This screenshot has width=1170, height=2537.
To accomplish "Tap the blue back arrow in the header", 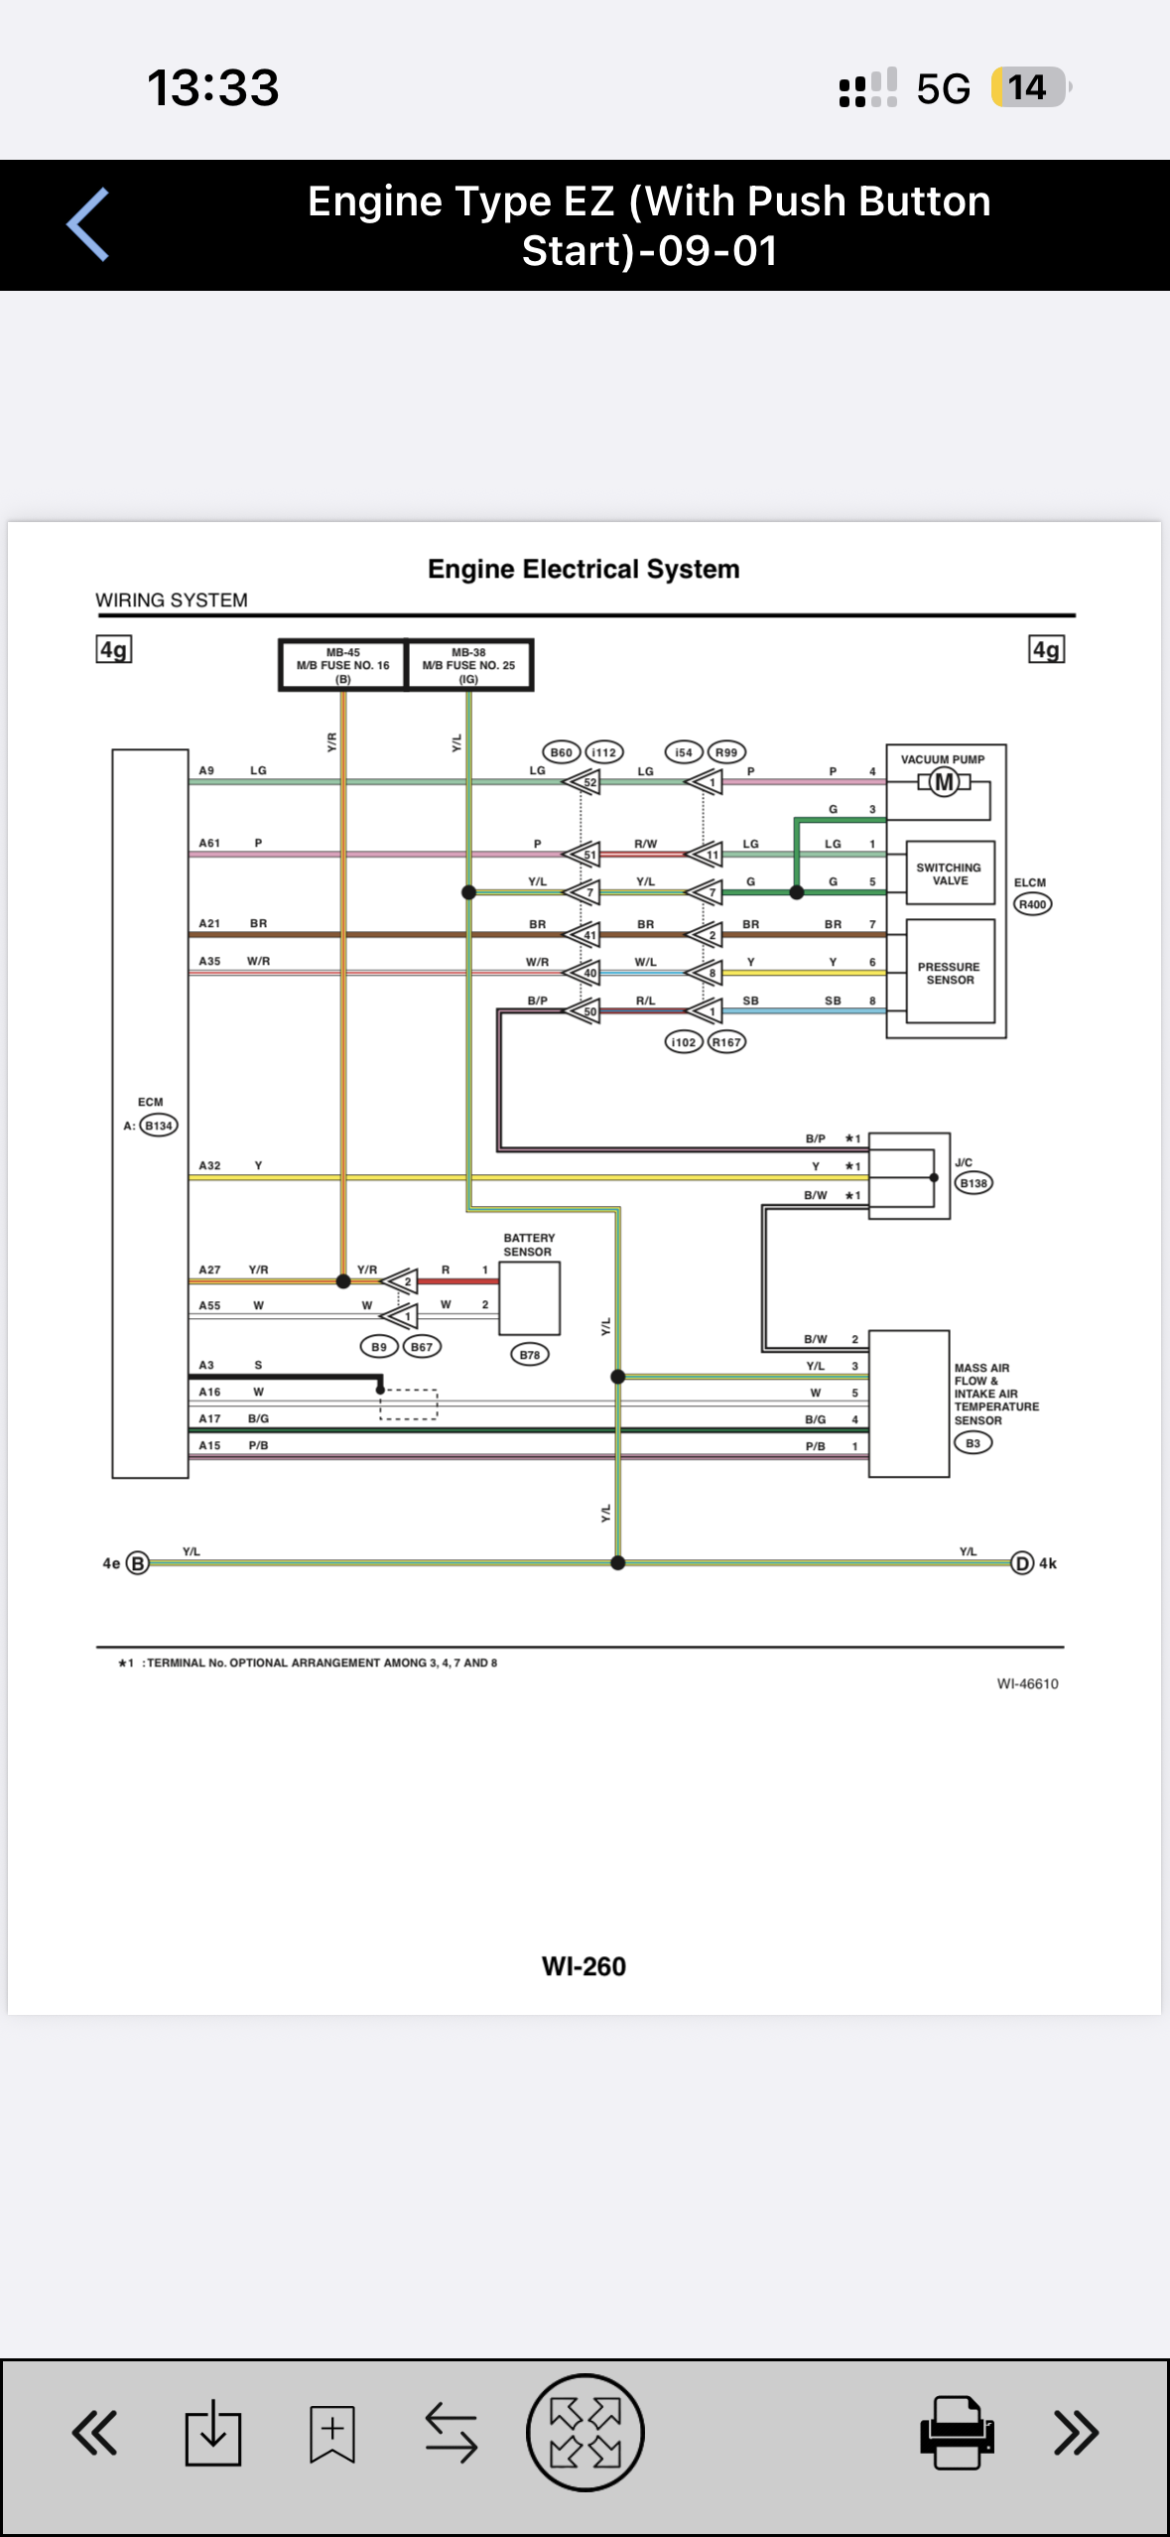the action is pyautogui.click(x=87, y=224).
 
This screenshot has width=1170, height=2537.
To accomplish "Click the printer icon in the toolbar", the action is pyautogui.click(x=957, y=2432).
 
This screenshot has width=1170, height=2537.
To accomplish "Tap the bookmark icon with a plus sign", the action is pyautogui.click(x=331, y=2433).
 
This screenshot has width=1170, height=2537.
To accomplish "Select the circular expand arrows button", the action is pyautogui.click(x=585, y=2432).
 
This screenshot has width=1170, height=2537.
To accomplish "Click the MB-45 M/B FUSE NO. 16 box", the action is pyautogui.click(x=343, y=665).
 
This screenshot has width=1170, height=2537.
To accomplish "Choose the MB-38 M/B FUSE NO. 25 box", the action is pyautogui.click(x=469, y=665).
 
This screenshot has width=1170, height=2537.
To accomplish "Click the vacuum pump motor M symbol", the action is pyautogui.click(x=945, y=783).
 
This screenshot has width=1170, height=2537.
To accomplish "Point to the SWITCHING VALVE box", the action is pyautogui.click(x=950, y=873).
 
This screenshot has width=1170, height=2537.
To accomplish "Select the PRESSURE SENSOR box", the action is pyautogui.click(x=950, y=972).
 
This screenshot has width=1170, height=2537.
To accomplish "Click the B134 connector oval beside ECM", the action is pyautogui.click(x=159, y=1126).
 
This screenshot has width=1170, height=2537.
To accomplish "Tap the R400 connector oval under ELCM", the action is pyautogui.click(x=1032, y=904).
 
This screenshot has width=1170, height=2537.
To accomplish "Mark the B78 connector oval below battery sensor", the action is pyautogui.click(x=530, y=1355).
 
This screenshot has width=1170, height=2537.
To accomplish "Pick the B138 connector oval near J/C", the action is pyautogui.click(x=974, y=1183).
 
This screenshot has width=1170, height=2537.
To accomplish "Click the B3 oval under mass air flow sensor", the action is pyautogui.click(x=974, y=1443).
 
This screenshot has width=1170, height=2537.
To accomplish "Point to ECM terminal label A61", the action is pyautogui.click(x=209, y=843).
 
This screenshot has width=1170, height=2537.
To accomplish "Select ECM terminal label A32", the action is pyautogui.click(x=209, y=1165).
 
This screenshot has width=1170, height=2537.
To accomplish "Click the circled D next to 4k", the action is pyautogui.click(x=1022, y=1563).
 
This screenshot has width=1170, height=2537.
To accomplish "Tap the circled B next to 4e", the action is pyautogui.click(x=138, y=1563).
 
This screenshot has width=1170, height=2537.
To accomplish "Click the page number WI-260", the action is pyautogui.click(x=584, y=1966).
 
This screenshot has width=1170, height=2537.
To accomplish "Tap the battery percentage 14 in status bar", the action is pyautogui.click(x=1028, y=87).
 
